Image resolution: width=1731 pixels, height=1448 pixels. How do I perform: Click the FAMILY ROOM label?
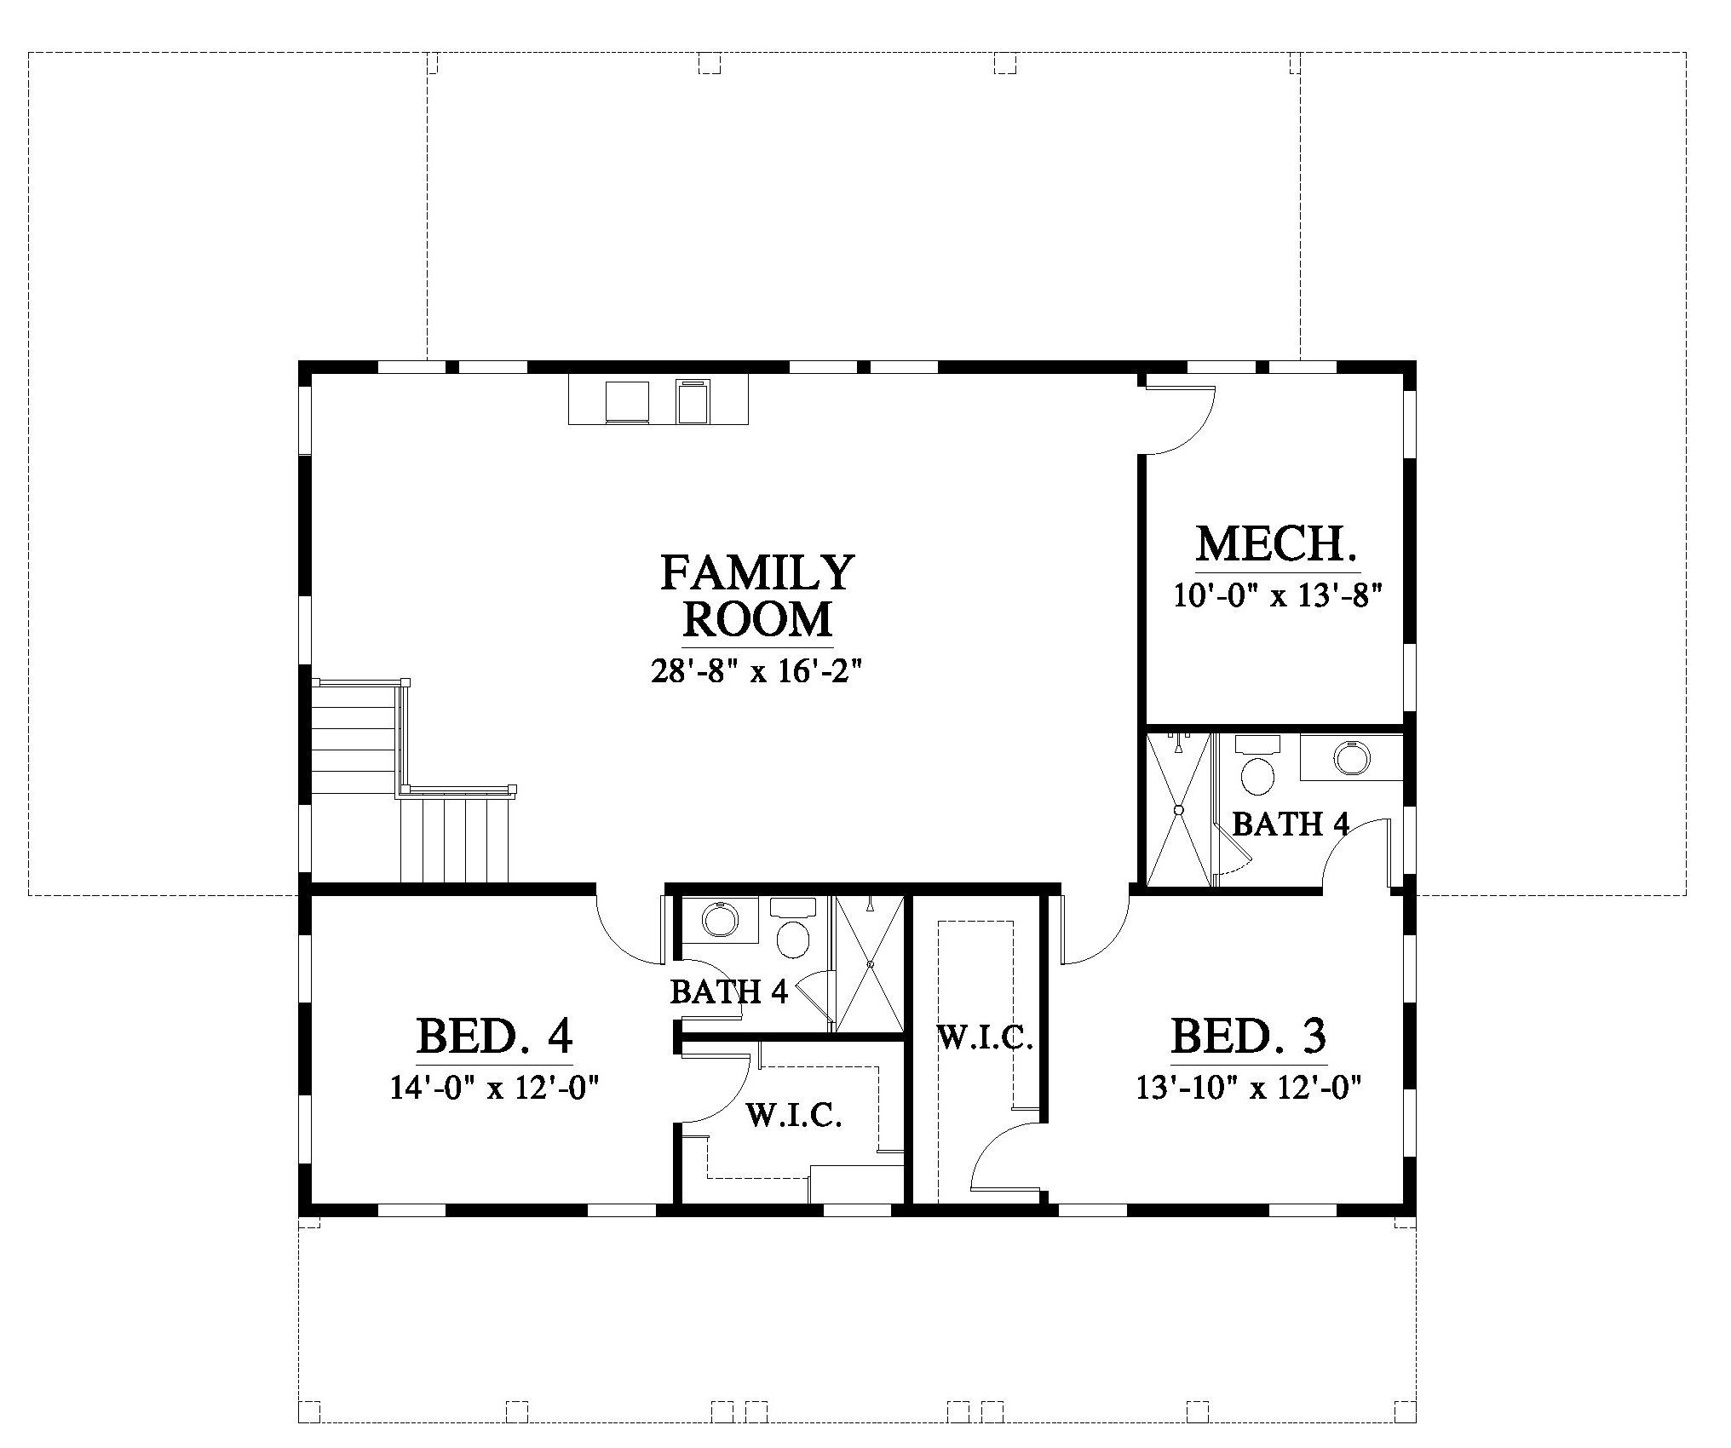[x=756, y=596]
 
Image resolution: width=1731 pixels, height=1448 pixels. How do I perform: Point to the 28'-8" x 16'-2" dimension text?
[x=756, y=671]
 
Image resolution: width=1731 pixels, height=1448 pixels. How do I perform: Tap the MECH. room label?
[x=1276, y=544]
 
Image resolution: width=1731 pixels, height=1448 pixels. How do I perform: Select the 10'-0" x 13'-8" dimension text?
[x=1276, y=595]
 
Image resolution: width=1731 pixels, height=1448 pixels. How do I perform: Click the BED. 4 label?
[x=494, y=1037]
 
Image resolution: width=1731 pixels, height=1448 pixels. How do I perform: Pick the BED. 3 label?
[x=1249, y=1037]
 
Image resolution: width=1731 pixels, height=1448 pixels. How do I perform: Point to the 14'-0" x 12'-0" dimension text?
[x=496, y=1088]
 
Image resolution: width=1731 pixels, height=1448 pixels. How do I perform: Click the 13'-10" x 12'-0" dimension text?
[x=1249, y=1088]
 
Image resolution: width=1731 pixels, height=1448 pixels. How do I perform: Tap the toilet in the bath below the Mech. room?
[x=1257, y=766]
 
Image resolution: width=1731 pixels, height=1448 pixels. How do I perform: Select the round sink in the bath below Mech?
[x=1351, y=756]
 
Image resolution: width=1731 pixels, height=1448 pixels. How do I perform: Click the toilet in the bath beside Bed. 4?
[x=793, y=928]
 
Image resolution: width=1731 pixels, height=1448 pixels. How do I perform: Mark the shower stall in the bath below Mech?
[x=1179, y=809]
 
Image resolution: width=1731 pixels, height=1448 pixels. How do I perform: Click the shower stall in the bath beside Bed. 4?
[x=869, y=964]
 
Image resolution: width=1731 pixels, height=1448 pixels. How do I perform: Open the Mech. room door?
[x=1180, y=419]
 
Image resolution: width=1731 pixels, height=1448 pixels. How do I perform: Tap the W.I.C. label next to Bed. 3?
[x=986, y=1038]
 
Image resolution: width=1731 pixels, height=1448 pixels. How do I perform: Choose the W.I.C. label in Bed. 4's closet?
[x=795, y=1115]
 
